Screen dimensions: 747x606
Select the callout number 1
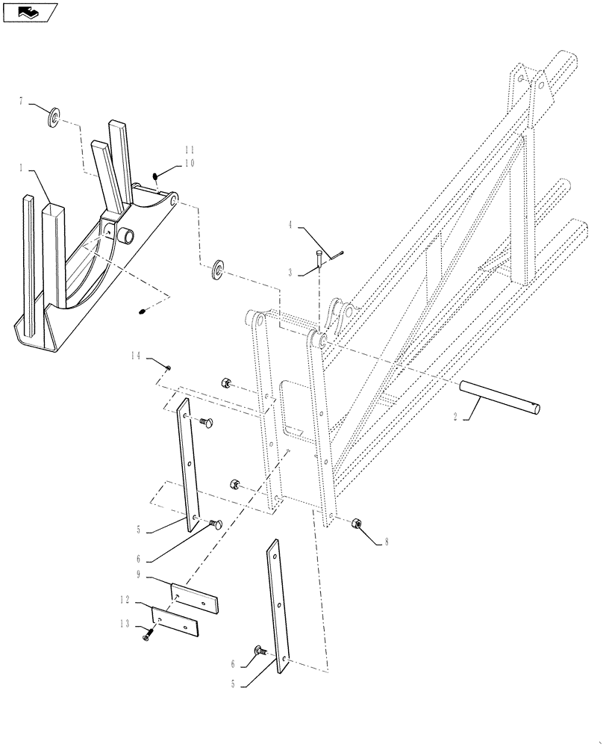(x=23, y=170)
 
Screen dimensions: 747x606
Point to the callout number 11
(x=191, y=151)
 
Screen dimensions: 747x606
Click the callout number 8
(x=387, y=543)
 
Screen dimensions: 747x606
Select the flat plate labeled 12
(x=176, y=622)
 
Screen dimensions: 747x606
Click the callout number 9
(x=140, y=574)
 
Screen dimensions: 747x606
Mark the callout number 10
(x=191, y=163)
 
